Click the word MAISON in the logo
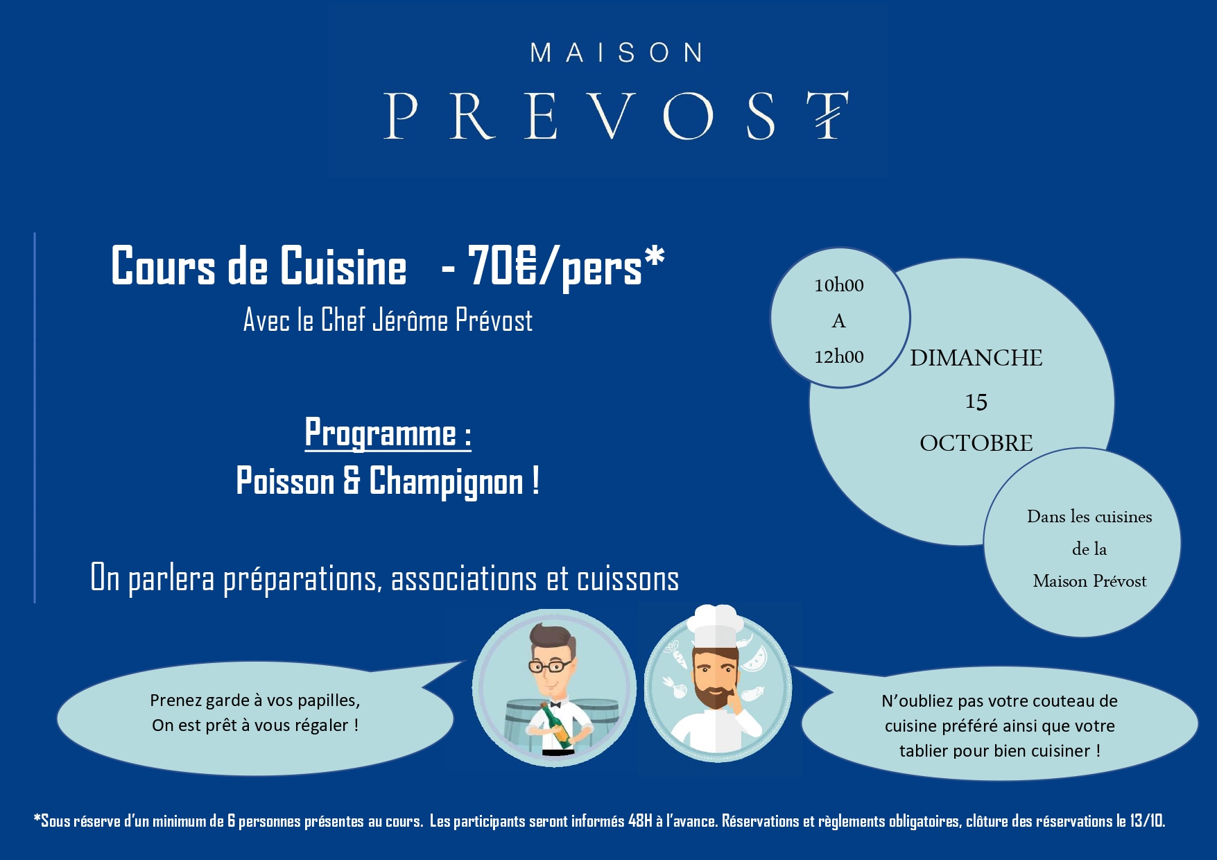tap(616, 53)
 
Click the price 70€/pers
tap(555, 266)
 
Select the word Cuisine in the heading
tap(343, 266)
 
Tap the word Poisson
tap(285, 481)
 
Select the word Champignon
tap(446, 483)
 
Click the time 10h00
tap(839, 285)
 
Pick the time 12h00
tap(839, 356)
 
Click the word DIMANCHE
tap(976, 358)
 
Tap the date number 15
tap(976, 402)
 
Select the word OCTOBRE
tap(976, 443)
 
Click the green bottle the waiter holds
tap(558, 725)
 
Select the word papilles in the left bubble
tap(329, 701)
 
